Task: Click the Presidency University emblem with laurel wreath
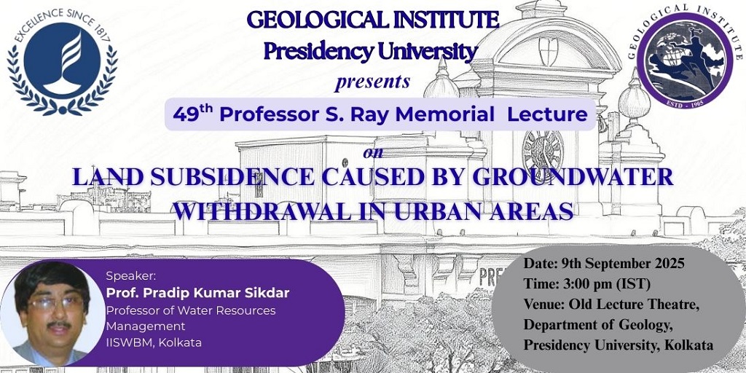click(62, 62)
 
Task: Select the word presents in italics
click(372, 82)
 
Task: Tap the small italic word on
click(373, 153)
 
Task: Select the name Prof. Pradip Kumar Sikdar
click(197, 293)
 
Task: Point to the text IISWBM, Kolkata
click(154, 342)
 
